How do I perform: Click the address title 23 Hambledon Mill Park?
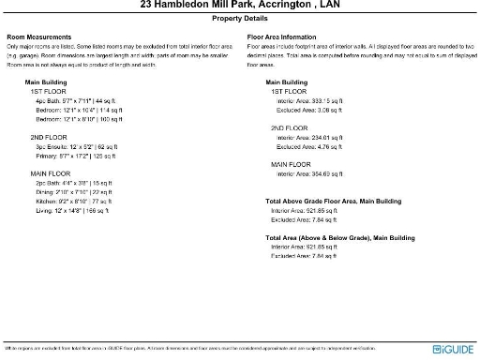pos(239,6)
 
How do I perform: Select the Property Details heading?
pos(239,18)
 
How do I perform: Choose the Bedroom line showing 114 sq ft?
pos(80,111)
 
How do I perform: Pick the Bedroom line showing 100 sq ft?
pos(80,120)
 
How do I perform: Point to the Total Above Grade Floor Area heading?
pos(334,201)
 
